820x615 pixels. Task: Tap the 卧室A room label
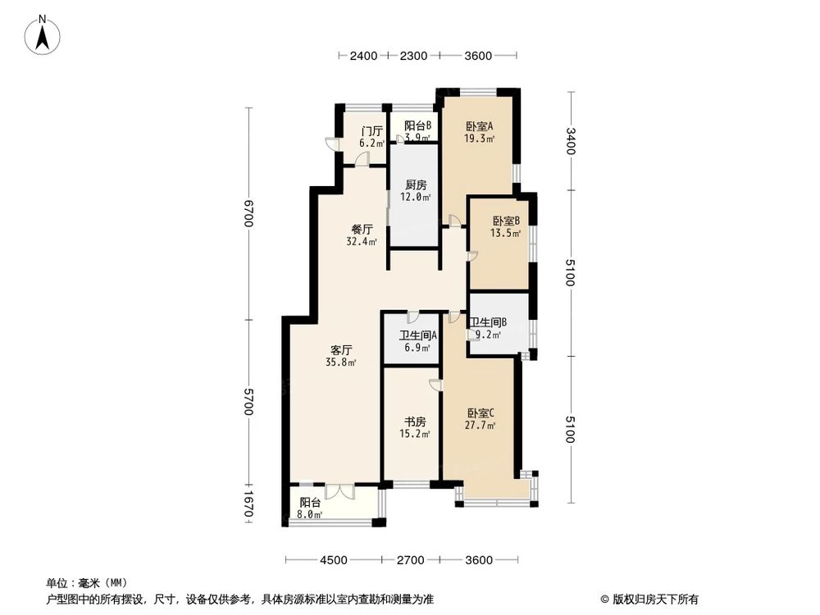coord(480,126)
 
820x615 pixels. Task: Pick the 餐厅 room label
coord(362,230)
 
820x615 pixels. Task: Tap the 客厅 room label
coord(341,349)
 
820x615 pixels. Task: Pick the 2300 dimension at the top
coord(414,56)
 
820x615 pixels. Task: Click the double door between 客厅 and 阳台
coord(338,491)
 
